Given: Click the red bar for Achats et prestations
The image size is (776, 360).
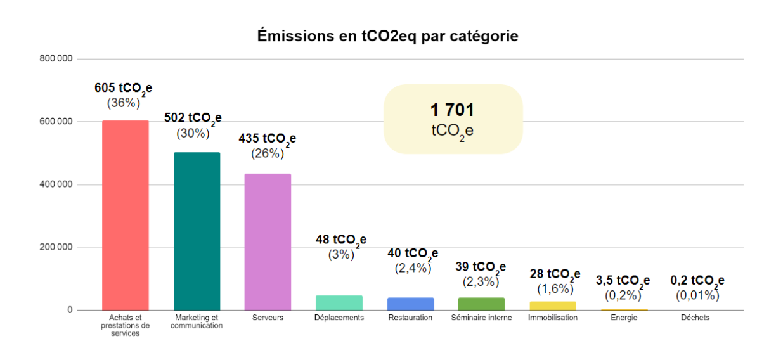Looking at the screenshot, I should pyautogui.click(x=126, y=215).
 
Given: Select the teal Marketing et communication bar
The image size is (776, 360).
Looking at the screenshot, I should pyautogui.click(x=197, y=231).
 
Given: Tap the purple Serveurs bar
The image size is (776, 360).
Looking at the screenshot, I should pyautogui.click(x=268, y=242).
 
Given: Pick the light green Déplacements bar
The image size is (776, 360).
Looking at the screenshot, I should pyautogui.click(x=339, y=303).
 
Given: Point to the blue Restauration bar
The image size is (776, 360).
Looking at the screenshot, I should pyautogui.click(x=410, y=304).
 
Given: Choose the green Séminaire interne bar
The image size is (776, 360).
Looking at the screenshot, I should pyautogui.click(x=481, y=304).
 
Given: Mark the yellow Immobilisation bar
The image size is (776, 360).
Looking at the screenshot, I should pyautogui.click(x=553, y=305).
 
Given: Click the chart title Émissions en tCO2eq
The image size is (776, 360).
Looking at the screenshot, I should pyautogui.click(x=387, y=36).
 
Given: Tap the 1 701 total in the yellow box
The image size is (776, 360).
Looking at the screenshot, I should pyautogui.click(x=452, y=110).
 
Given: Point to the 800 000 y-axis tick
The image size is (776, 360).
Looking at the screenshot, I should pyautogui.click(x=56, y=59).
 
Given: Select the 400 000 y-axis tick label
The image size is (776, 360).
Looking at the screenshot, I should pyautogui.click(x=56, y=184).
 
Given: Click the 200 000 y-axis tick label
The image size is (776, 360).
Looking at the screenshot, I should pyautogui.click(x=56, y=247).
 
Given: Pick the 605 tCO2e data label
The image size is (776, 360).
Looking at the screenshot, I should pyautogui.click(x=124, y=88).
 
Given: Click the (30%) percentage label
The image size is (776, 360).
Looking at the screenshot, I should pyautogui.click(x=193, y=133).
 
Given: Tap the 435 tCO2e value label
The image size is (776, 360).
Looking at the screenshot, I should pyautogui.click(x=267, y=139).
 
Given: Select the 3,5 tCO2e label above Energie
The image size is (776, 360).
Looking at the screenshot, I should pyautogui.click(x=623, y=281).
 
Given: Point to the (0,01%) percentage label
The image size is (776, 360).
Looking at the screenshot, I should pyautogui.click(x=697, y=295).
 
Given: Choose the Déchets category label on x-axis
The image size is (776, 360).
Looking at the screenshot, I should pyautogui.click(x=695, y=318).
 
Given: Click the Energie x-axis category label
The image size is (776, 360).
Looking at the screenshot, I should pyautogui.click(x=624, y=318).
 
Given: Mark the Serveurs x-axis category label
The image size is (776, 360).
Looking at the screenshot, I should pyautogui.click(x=268, y=318).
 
